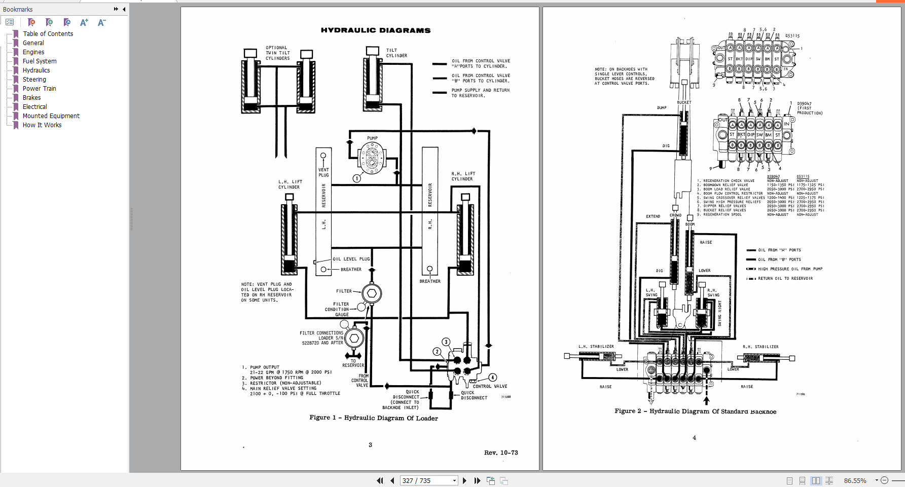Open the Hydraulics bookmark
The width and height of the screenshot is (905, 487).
[x=36, y=70]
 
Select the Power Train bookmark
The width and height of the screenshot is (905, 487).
[x=39, y=89]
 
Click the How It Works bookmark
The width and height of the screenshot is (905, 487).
[x=42, y=125]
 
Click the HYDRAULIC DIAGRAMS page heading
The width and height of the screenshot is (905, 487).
[x=376, y=30]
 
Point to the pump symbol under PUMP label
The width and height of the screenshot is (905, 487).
[x=372, y=158]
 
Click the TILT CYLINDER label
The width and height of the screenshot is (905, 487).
[x=396, y=53]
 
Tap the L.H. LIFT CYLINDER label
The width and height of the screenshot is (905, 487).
[x=289, y=184]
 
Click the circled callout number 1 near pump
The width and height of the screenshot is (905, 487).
[x=357, y=178]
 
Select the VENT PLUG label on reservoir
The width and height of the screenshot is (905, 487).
[x=323, y=172]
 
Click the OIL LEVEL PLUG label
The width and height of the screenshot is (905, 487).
[x=351, y=259]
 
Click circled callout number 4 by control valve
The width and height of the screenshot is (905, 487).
[x=493, y=378]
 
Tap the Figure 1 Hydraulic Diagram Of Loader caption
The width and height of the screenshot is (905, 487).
[x=374, y=418]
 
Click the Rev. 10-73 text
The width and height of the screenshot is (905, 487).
[x=501, y=453]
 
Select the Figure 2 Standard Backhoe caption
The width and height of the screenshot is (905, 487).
[x=695, y=411]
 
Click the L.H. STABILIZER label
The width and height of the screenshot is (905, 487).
[x=596, y=347]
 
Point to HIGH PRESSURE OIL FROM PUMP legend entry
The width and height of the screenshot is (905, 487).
[x=790, y=269]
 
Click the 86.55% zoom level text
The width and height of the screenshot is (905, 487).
[x=855, y=480]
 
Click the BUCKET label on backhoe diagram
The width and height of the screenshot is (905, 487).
[x=684, y=102]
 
